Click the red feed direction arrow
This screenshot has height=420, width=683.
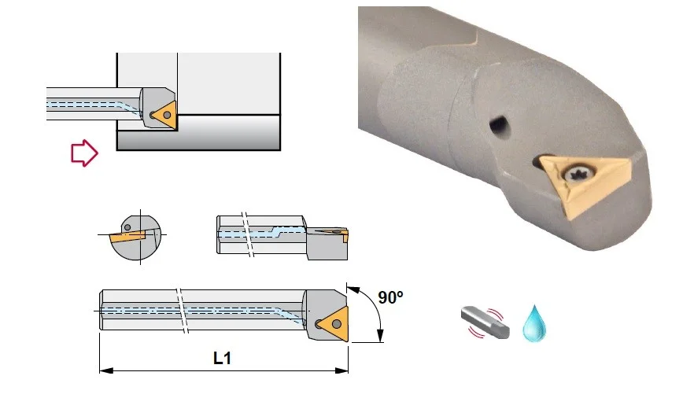click(x=84, y=153)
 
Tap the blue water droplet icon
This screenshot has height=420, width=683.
click(x=534, y=324)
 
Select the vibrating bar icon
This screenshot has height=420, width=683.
click(x=485, y=322)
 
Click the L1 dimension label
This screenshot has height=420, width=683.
click(x=222, y=358)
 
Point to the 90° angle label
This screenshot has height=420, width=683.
click(x=391, y=297)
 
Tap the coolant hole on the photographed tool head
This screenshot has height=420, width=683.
click(x=499, y=126)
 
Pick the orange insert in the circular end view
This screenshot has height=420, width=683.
click(x=127, y=236)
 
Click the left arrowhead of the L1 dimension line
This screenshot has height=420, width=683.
click(x=106, y=370)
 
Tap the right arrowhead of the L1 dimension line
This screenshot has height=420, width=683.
click(x=341, y=370)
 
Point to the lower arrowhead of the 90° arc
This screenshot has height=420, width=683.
click(x=380, y=336)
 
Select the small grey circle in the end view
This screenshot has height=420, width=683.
click(x=127, y=227)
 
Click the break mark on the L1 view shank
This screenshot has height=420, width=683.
click(x=182, y=311)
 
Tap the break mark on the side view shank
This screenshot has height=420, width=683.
click(x=247, y=234)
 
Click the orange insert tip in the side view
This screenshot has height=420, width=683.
click(x=345, y=236)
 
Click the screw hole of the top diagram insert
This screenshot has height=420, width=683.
click(x=167, y=115)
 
